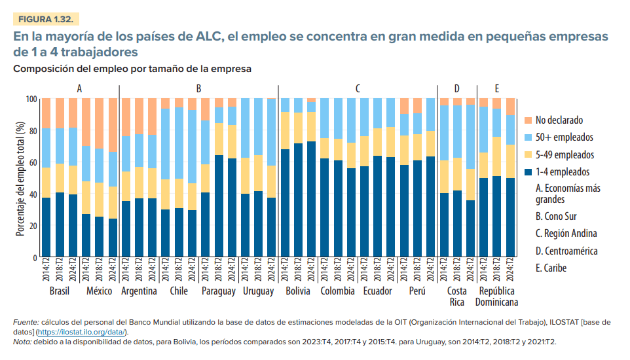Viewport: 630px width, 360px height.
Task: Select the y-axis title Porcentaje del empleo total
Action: point(20,177)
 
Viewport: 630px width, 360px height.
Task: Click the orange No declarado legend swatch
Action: point(528,120)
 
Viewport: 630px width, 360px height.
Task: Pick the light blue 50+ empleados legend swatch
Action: point(528,137)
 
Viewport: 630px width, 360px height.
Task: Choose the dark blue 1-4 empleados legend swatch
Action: point(528,172)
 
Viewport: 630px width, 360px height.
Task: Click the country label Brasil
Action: point(59,291)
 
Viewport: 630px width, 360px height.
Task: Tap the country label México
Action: point(99,291)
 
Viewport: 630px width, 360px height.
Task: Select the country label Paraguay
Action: point(218,291)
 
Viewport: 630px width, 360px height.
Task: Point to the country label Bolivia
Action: point(298,291)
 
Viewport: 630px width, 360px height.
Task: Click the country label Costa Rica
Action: point(456,297)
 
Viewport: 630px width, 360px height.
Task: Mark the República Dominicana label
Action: point(496,297)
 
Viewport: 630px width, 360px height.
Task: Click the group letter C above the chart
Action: point(358,88)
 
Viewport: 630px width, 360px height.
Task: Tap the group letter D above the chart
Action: point(456,88)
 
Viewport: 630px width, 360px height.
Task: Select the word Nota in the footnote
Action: point(22,342)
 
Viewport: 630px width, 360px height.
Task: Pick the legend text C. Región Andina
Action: point(566,234)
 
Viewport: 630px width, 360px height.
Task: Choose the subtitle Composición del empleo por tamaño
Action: point(132,68)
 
